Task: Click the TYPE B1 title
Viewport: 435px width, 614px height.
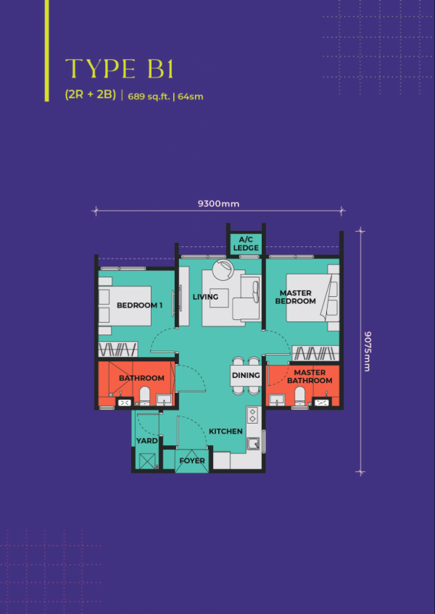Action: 119,70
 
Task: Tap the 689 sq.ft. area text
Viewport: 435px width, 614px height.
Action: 150,96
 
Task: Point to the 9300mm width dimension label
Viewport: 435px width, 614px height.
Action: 218,203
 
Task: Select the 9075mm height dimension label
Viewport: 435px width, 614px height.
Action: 367,351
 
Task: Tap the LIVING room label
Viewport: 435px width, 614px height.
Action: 205,297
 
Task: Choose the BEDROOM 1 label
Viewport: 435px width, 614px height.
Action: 140,306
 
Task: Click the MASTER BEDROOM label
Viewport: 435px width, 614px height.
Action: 295,297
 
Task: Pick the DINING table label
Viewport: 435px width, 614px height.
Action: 246,375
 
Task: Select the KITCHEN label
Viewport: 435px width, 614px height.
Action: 225,431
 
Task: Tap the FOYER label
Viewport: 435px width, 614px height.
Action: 192,460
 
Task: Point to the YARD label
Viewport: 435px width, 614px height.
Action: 147,441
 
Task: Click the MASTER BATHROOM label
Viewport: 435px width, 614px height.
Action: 310,377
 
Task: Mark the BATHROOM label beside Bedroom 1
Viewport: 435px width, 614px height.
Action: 141,378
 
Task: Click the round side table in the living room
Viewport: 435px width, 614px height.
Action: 223,270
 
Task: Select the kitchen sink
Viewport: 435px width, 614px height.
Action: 254,443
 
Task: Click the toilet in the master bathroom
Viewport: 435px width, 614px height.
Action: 300,396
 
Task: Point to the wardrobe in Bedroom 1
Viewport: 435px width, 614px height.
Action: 118,349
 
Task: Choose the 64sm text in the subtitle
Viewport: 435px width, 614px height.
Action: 191,96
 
